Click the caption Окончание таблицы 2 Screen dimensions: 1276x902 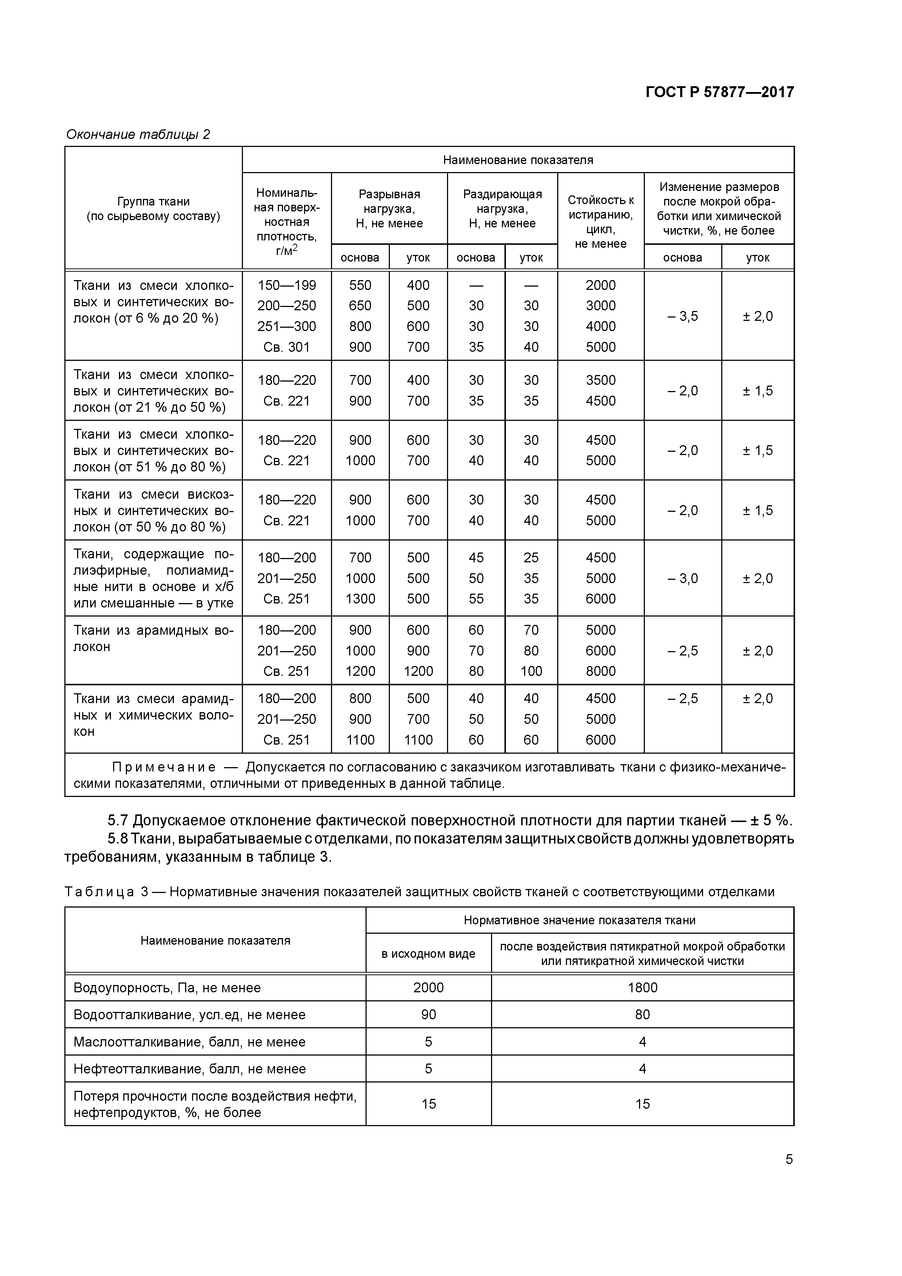coord(138,135)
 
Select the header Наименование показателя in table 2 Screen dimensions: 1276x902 coord(518,160)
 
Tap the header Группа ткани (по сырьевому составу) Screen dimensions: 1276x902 coord(153,209)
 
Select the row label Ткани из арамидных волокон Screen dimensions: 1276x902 coord(153,638)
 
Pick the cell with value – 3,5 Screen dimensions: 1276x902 coord(682,316)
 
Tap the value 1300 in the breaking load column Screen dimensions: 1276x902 coord(360,599)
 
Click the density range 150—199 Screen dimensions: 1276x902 coord(286,285)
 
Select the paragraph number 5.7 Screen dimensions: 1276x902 coord(118,820)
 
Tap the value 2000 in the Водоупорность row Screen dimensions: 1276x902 coord(428,988)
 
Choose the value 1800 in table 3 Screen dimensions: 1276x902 coord(642,988)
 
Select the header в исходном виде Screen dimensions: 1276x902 coord(428,954)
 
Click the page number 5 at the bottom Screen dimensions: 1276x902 coord(789,1159)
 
